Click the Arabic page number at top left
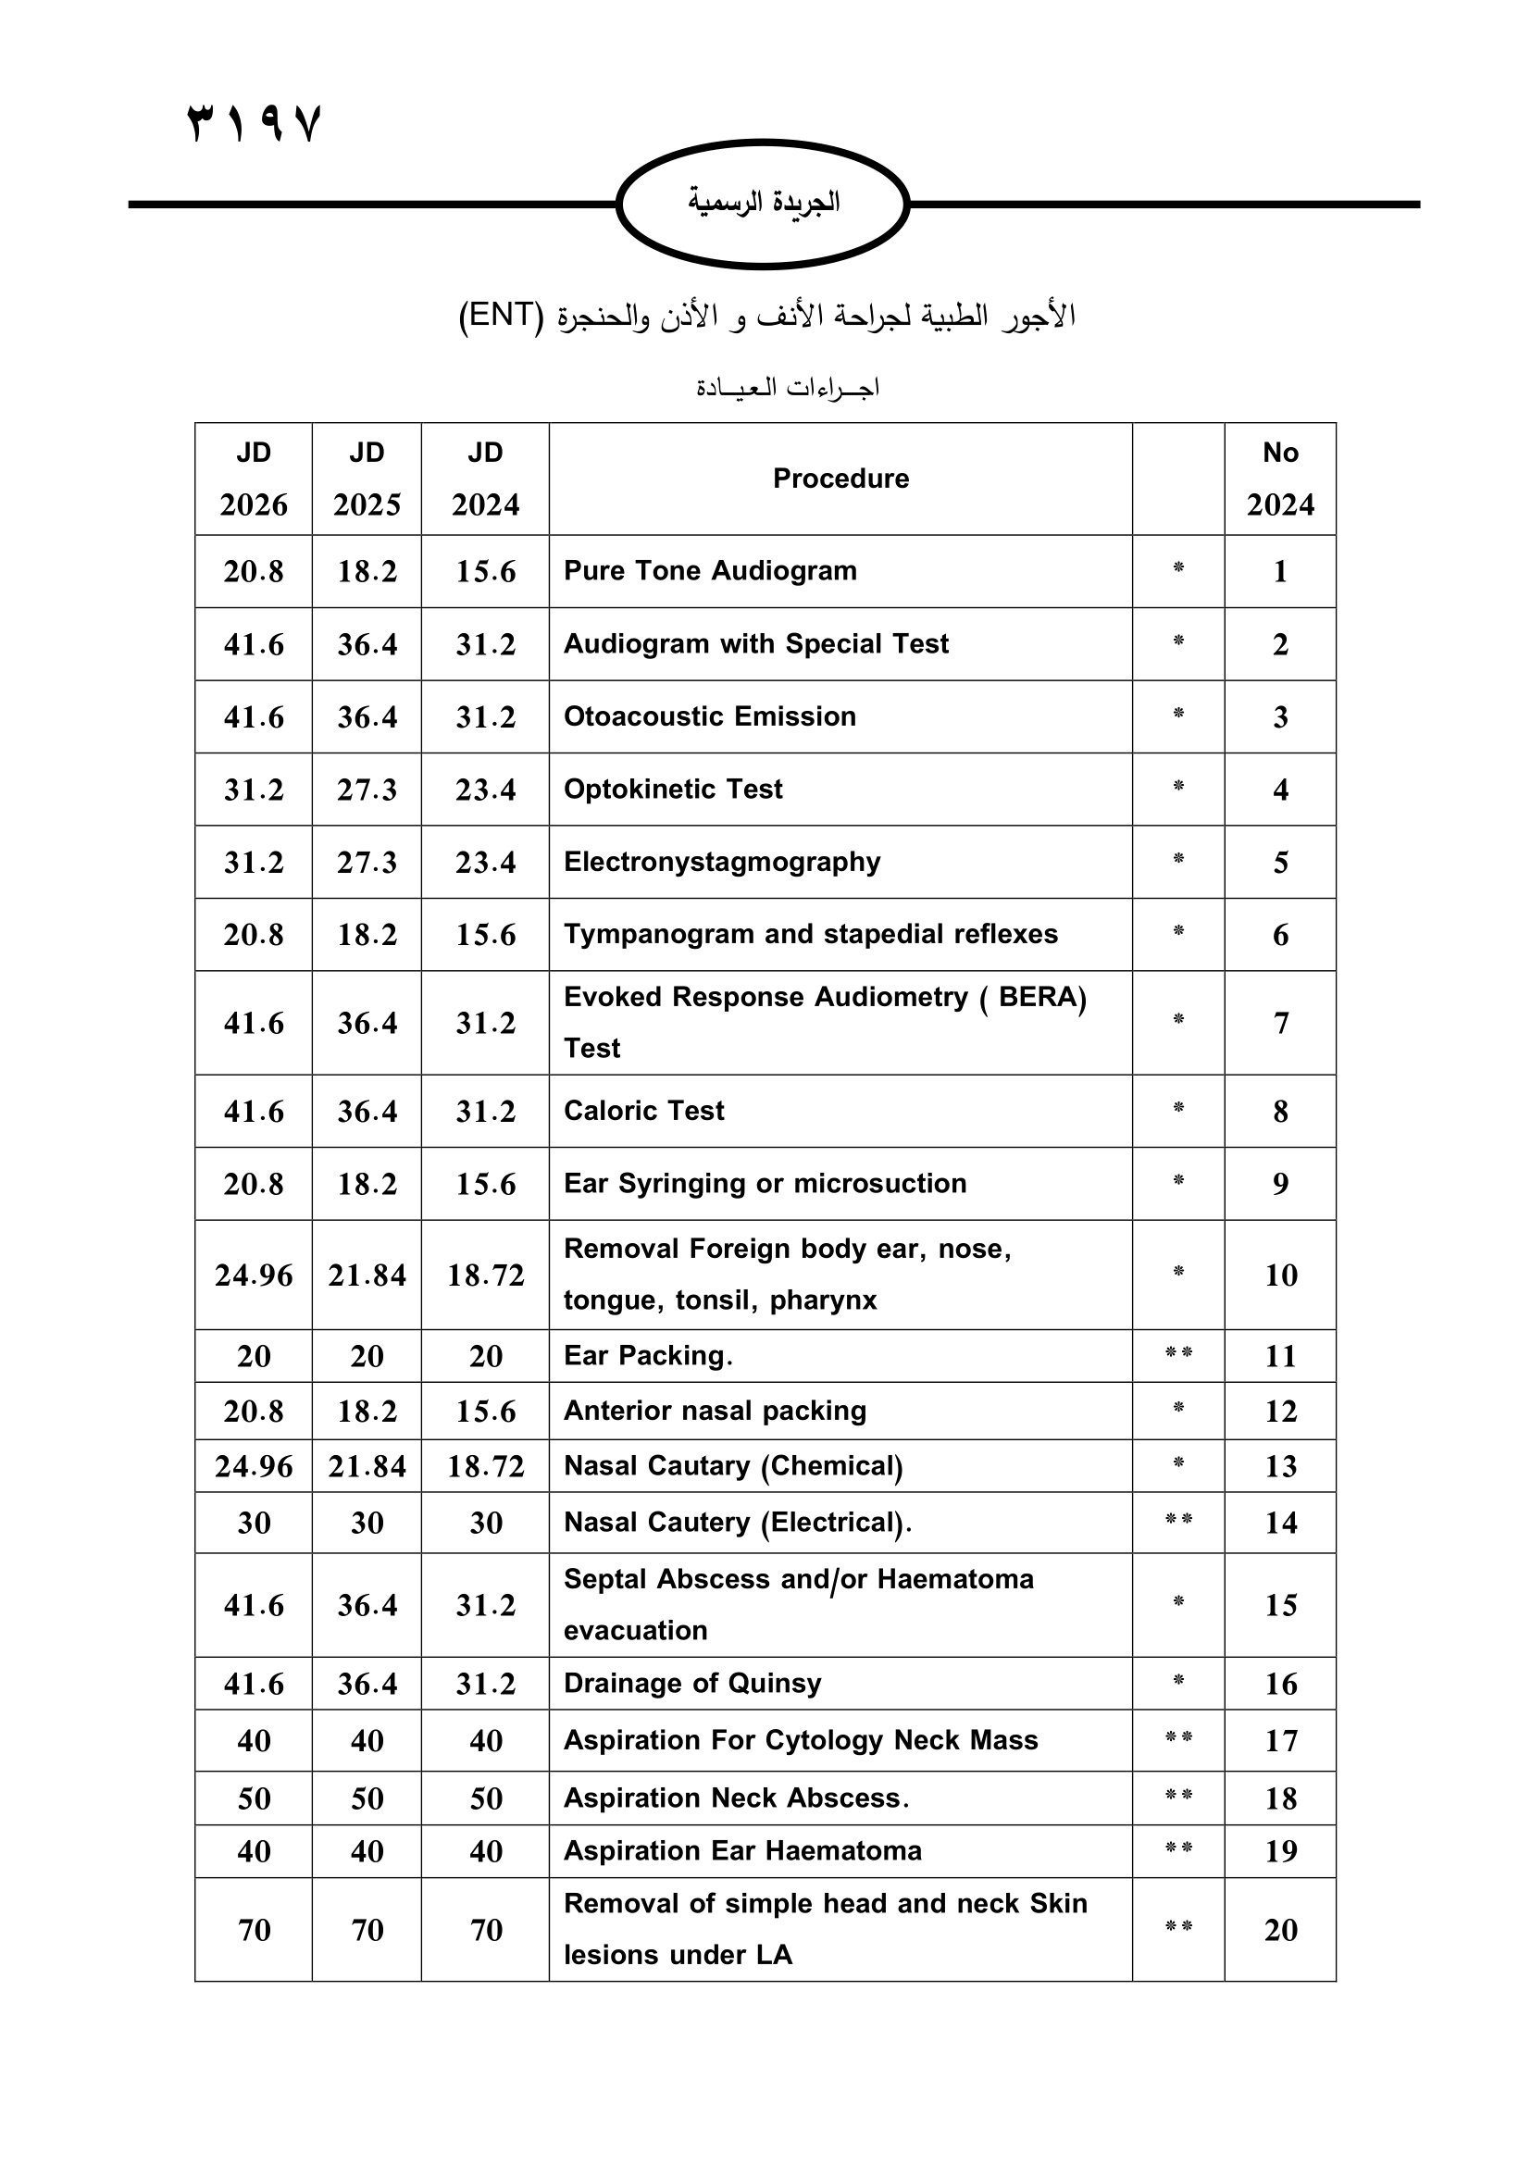click(x=255, y=123)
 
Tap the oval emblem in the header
click(x=763, y=203)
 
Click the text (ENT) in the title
click(x=502, y=315)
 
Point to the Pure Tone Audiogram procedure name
click(x=710, y=571)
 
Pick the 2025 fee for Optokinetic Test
click(x=367, y=790)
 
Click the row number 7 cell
click(x=1280, y=1023)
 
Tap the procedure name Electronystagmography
click(x=722, y=862)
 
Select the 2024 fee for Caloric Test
click(x=486, y=1112)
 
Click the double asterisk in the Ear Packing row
click(x=1178, y=1353)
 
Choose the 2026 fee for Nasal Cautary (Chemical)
click(x=254, y=1466)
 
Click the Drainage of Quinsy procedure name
click(x=692, y=1683)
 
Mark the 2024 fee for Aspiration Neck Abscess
click(x=486, y=1798)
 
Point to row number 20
click(x=1280, y=1930)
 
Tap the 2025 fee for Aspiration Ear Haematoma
click(x=367, y=1851)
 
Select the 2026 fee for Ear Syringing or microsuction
click(x=254, y=1185)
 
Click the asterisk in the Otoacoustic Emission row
click(x=1178, y=714)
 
